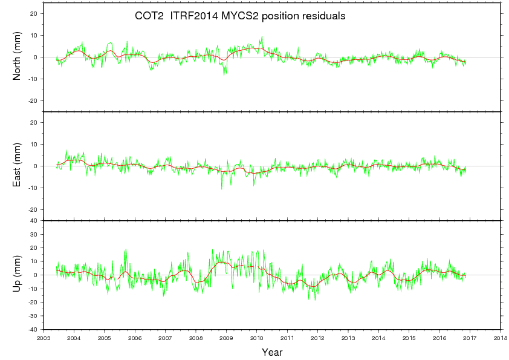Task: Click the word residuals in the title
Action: point(324,17)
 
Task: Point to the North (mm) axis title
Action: point(18,57)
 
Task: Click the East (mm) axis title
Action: point(18,166)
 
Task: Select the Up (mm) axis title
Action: point(18,275)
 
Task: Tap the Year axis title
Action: point(272,352)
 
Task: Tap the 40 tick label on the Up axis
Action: point(34,221)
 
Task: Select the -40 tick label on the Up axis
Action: point(33,330)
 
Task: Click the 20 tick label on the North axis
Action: point(34,13)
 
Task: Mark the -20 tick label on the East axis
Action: point(33,209)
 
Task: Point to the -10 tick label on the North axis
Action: point(33,79)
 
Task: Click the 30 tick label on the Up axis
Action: point(34,234)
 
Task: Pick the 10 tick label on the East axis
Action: point(34,144)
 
